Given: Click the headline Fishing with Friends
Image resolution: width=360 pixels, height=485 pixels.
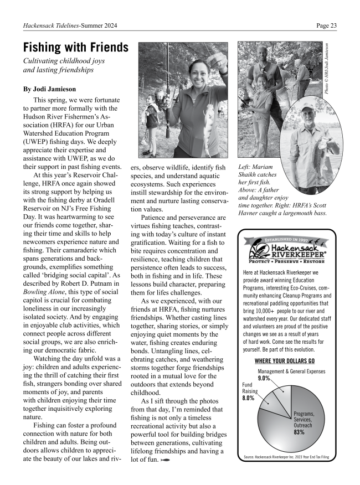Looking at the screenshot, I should coord(75,48).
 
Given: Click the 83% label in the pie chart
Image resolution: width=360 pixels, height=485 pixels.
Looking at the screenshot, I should coord(300,432).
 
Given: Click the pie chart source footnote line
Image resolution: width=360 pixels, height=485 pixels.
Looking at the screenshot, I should coord(286,457).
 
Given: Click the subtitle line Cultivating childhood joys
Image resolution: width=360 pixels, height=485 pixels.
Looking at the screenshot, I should coord(65,60).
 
